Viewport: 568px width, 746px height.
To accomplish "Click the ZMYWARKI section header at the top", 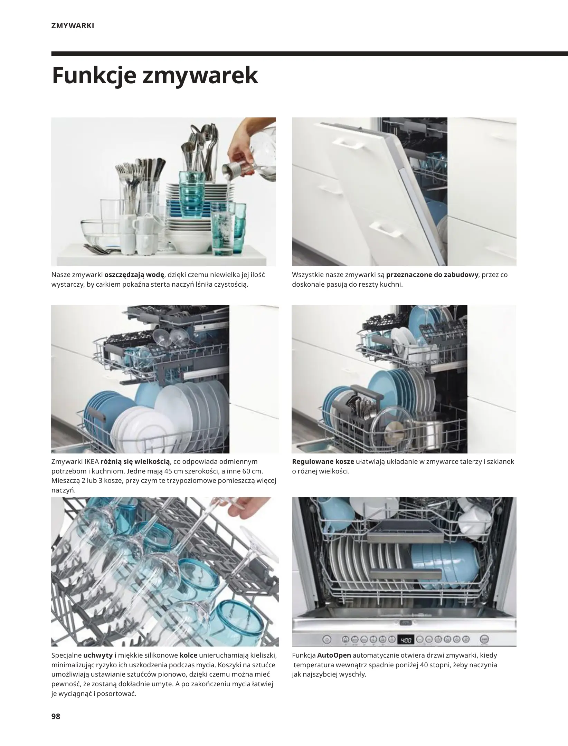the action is (73, 26).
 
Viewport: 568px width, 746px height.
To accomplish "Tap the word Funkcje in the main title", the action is (93, 76).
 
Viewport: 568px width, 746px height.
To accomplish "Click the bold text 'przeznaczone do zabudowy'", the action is (432, 275).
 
